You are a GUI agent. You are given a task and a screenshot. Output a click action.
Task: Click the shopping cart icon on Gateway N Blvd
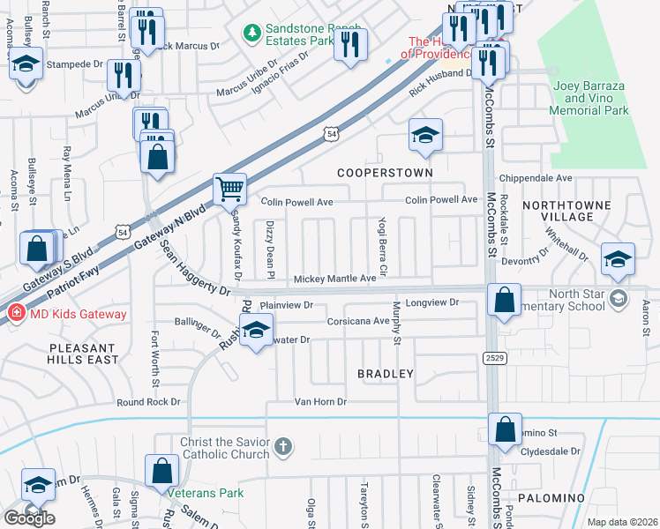[229, 187]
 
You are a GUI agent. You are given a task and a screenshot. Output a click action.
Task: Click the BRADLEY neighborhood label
[386, 374]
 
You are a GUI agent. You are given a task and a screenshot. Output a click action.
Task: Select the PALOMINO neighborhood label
[551, 498]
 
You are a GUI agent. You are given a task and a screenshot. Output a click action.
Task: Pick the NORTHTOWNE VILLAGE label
[570, 210]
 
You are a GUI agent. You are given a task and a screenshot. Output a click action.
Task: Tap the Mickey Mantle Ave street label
[334, 279]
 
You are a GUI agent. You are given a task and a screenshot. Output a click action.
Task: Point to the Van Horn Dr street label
[323, 401]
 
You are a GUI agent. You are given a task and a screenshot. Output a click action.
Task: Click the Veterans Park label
[206, 493]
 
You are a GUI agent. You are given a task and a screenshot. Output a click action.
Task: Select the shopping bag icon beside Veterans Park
[162, 471]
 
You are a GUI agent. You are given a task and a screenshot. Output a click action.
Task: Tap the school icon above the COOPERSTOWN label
[425, 135]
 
